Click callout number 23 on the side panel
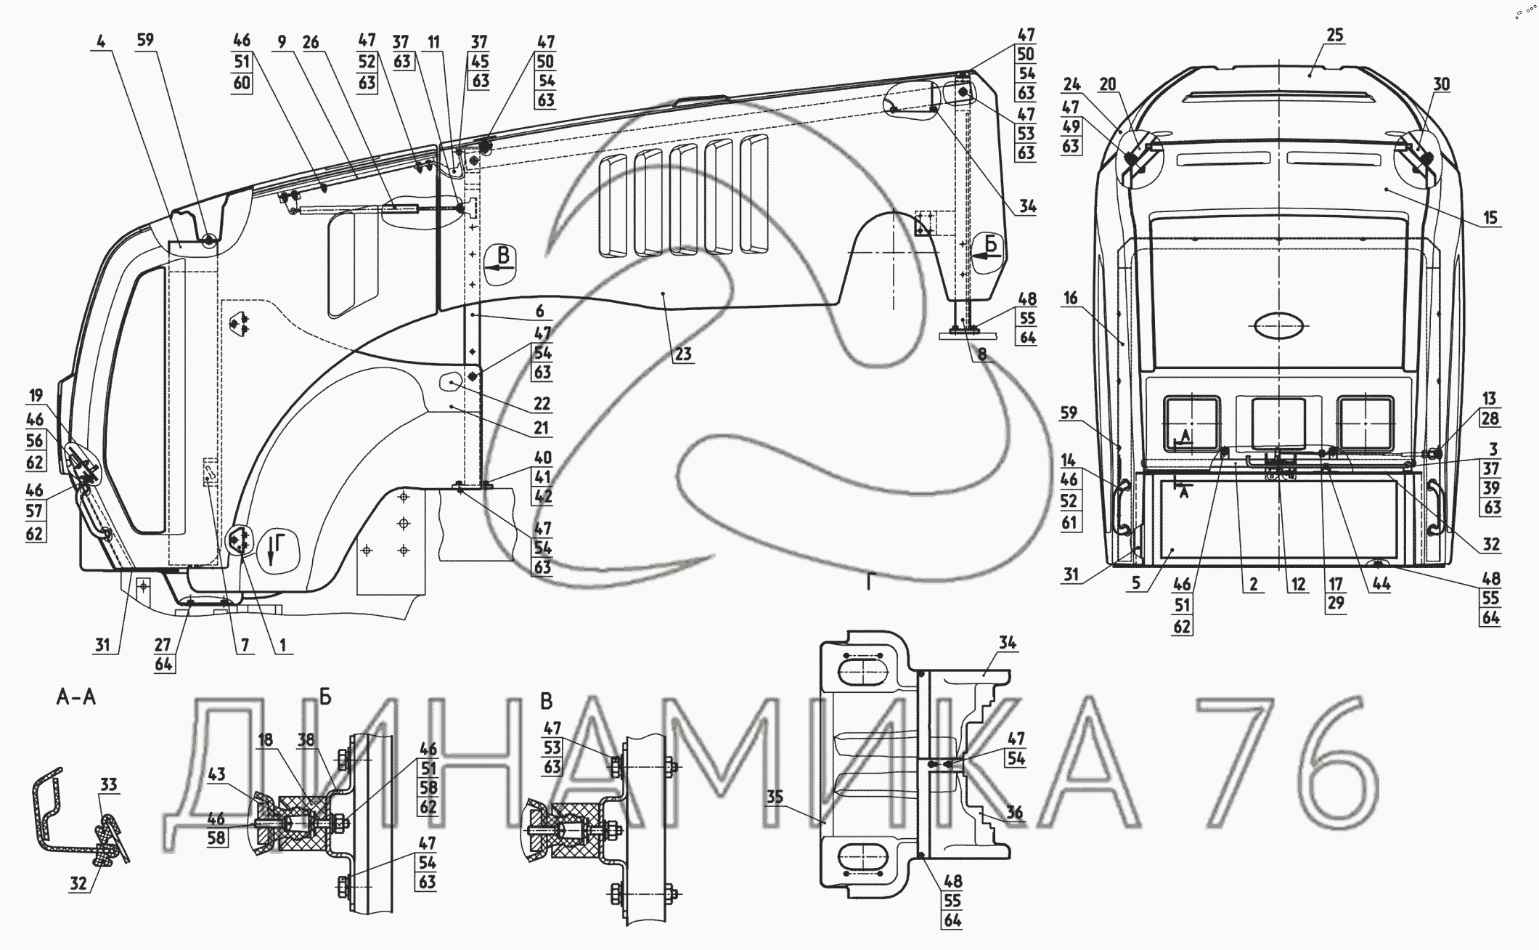pyautogui.click(x=684, y=354)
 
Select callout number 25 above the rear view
pyautogui.click(x=1335, y=35)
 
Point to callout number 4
pyautogui.click(x=102, y=41)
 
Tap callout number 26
pyautogui.click(x=311, y=42)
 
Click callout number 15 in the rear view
pyautogui.click(x=1490, y=217)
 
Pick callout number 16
pyautogui.click(x=1071, y=298)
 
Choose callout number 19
pyautogui.click(x=36, y=396)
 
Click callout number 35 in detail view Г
pyautogui.click(x=775, y=797)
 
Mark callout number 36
pyautogui.click(x=1014, y=813)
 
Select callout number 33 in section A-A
pyautogui.click(x=109, y=784)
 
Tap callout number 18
pyautogui.click(x=266, y=739)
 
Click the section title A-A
pyautogui.click(x=76, y=698)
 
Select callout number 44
pyautogui.click(x=1381, y=584)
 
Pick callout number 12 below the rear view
pyautogui.click(x=1298, y=584)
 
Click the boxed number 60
pyautogui.click(x=242, y=82)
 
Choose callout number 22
pyautogui.click(x=542, y=403)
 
